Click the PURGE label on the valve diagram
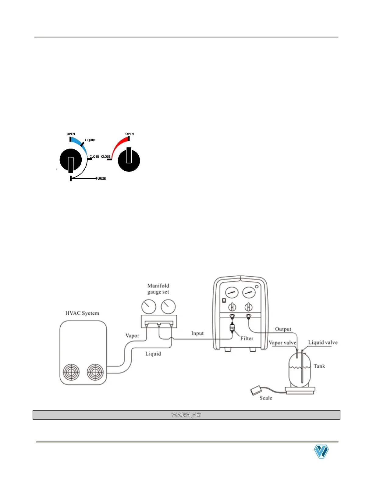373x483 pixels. (101, 179)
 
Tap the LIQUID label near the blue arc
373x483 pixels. (90, 140)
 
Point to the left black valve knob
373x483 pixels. (71, 160)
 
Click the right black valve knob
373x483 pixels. (129, 160)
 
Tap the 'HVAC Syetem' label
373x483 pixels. (82, 313)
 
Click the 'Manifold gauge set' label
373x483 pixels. (158, 289)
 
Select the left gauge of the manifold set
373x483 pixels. (149, 306)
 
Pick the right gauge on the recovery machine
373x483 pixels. (249, 292)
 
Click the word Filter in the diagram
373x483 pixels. (247, 338)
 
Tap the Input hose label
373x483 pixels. (197, 333)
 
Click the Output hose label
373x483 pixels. (283, 329)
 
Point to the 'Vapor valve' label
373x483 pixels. (282, 342)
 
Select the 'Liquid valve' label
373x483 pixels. (323, 342)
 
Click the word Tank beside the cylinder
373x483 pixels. (319, 366)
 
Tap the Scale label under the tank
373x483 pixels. (266, 398)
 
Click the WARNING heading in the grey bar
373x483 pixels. (187, 415)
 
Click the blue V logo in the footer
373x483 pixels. (321, 452)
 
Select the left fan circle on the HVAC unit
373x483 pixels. (71, 372)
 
